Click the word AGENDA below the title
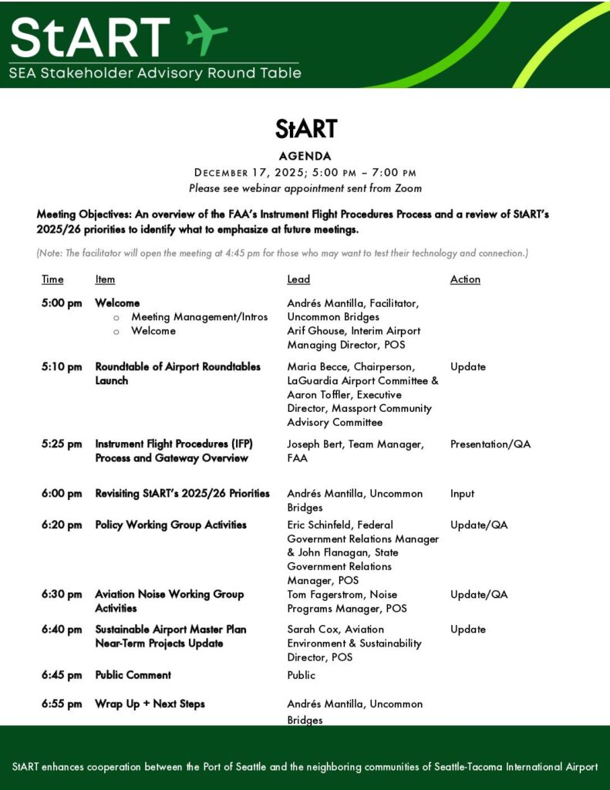pyautogui.click(x=305, y=156)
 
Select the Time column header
pyautogui.click(x=52, y=279)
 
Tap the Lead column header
pyautogui.click(x=298, y=279)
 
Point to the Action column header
pyautogui.click(x=465, y=279)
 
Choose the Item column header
pyautogui.click(x=105, y=279)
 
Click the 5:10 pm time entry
pyautogui.click(x=62, y=366)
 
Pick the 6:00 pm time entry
pyautogui.click(x=62, y=493)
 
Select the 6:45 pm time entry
pyautogui.click(x=62, y=675)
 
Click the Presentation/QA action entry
pyautogui.click(x=490, y=444)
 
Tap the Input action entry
pyautogui.click(x=463, y=493)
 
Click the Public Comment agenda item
pyautogui.click(x=133, y=675)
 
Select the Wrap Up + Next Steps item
pyautogui.click(x=150, y=704)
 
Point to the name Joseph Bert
pyautogui.click(x=314, y=444)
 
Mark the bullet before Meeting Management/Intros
pyautogui.click(x=116, y=317)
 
